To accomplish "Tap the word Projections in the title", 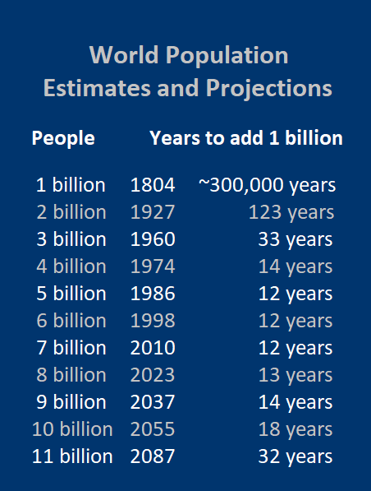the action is (x=268, y=89).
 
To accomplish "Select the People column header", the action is (x=63, y=139).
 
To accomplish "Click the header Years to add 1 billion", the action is (x=246, y=138).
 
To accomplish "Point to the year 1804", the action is (x=153, y=185).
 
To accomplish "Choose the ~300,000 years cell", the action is (x=268, y=186).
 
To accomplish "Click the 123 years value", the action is (x=291, y=213).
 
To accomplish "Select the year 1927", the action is (x=153, y=212).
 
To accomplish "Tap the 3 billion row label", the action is (x=71, y=239).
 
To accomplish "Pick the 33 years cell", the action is (x=295, y=240).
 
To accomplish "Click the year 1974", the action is (x=153, y=266).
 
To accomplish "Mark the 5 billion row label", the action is (x=71, y=293).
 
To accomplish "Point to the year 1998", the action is (x=153, y=321).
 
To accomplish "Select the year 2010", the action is (x=153, y=348).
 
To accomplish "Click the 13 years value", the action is (x=295, y=376).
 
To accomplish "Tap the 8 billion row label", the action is (x=71, y=374).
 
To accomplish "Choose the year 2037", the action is (x=153, y=401).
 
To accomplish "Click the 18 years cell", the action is (x=295, y=430).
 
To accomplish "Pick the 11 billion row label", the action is (x=72, y=456).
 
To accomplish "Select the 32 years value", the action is (x=295, y=457).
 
